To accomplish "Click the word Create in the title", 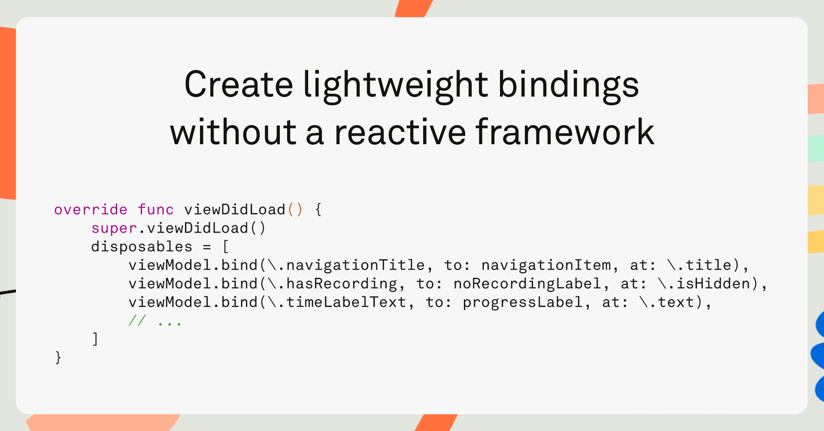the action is [239, 85].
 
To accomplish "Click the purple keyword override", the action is [91, 209].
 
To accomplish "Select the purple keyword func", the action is [155, 209].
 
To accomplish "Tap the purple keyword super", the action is [114, 228].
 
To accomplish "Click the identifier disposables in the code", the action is [142, 247].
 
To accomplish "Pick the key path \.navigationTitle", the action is [347, 265].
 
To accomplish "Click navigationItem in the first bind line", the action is [546, 265].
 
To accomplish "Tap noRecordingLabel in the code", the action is [527, 284].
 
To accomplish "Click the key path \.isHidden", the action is [704, 284].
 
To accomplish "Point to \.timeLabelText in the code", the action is [337, 302].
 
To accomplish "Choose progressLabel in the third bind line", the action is [523, 303].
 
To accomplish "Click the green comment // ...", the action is [137, 321].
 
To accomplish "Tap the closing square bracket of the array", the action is [95, 339].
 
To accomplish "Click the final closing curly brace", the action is [58, 358].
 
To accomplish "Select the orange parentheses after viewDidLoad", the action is [295, 209].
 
